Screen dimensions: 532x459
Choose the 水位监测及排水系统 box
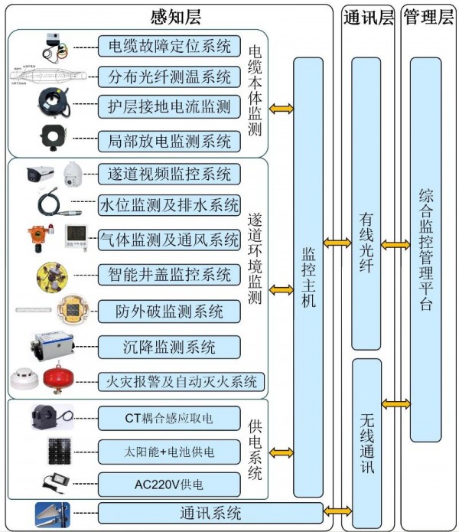[x=169, y=205]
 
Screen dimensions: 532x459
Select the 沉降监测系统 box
[x=169, y=346]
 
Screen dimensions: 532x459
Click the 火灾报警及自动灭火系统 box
[x=181, y=380]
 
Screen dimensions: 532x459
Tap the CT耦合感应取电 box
[x=169, y=418]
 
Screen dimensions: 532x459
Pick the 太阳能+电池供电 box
[x=169, y=452]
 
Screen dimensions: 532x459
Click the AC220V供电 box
[x=169, y=484]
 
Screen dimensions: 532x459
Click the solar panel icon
[x=57, y=451]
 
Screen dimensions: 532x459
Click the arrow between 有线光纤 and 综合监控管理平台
[x=396, y=244]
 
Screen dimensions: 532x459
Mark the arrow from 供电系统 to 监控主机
[x=282, y=453]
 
